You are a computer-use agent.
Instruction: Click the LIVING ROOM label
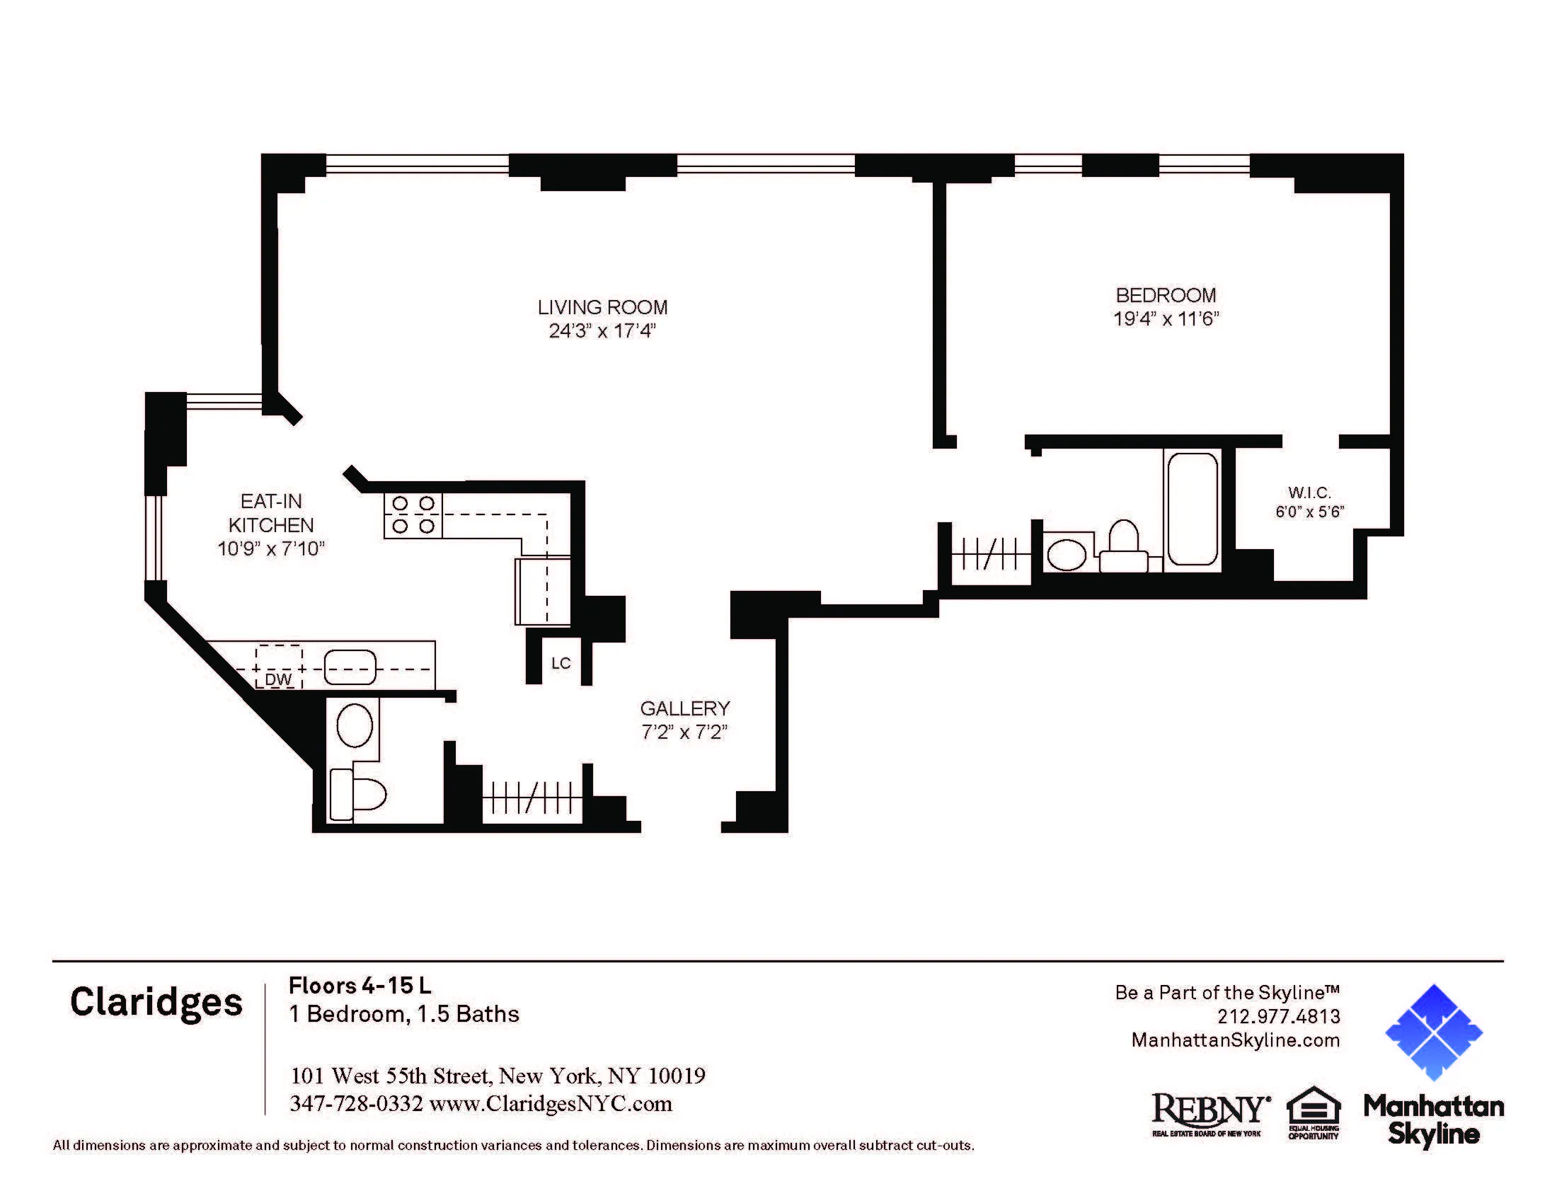tap(602, 307)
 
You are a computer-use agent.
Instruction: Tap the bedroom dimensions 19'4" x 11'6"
tap(1166, 318)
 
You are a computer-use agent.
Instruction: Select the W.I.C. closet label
tap(1309, 493)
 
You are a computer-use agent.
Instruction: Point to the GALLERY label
tap(684, 708)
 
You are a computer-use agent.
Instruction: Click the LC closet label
tap(561, 664)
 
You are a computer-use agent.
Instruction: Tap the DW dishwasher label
tap(278, 679)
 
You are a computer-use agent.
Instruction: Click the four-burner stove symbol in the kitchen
tap(413, 514)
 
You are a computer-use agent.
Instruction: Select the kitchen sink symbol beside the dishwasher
tap(350, 669)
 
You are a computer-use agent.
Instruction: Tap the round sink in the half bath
tap(355, 725)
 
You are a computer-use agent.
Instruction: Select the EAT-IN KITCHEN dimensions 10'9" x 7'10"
tap(271, 548)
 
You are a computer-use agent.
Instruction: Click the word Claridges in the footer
tap(156, 1003)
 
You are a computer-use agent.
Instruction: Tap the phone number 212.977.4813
tap(1278, 1016)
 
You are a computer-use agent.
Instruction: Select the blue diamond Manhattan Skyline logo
tap(1433, 1032)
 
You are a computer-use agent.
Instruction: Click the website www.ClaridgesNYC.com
tap(551, 1104)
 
